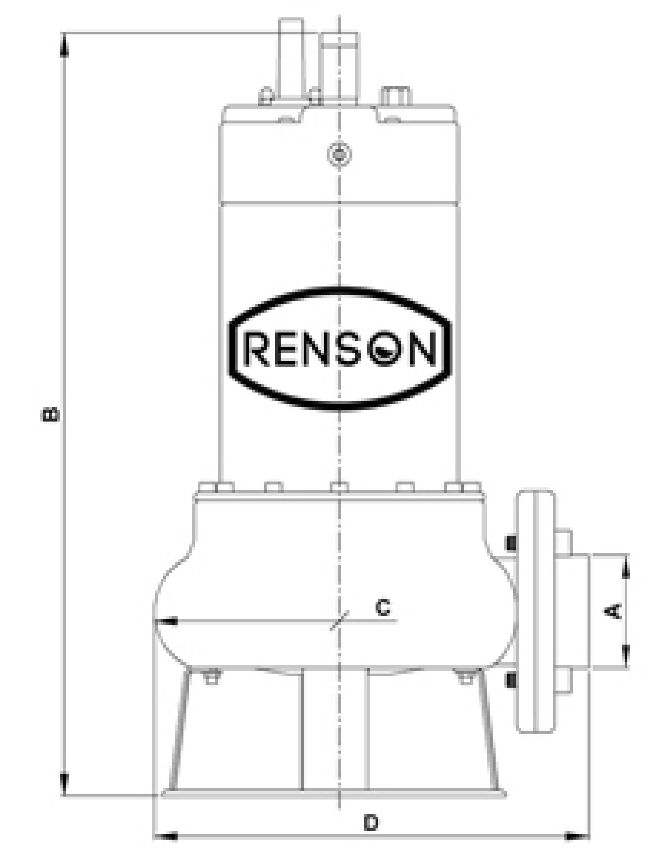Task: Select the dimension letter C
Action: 383,607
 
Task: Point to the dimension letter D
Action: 371,822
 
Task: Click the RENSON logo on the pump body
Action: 340,349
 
